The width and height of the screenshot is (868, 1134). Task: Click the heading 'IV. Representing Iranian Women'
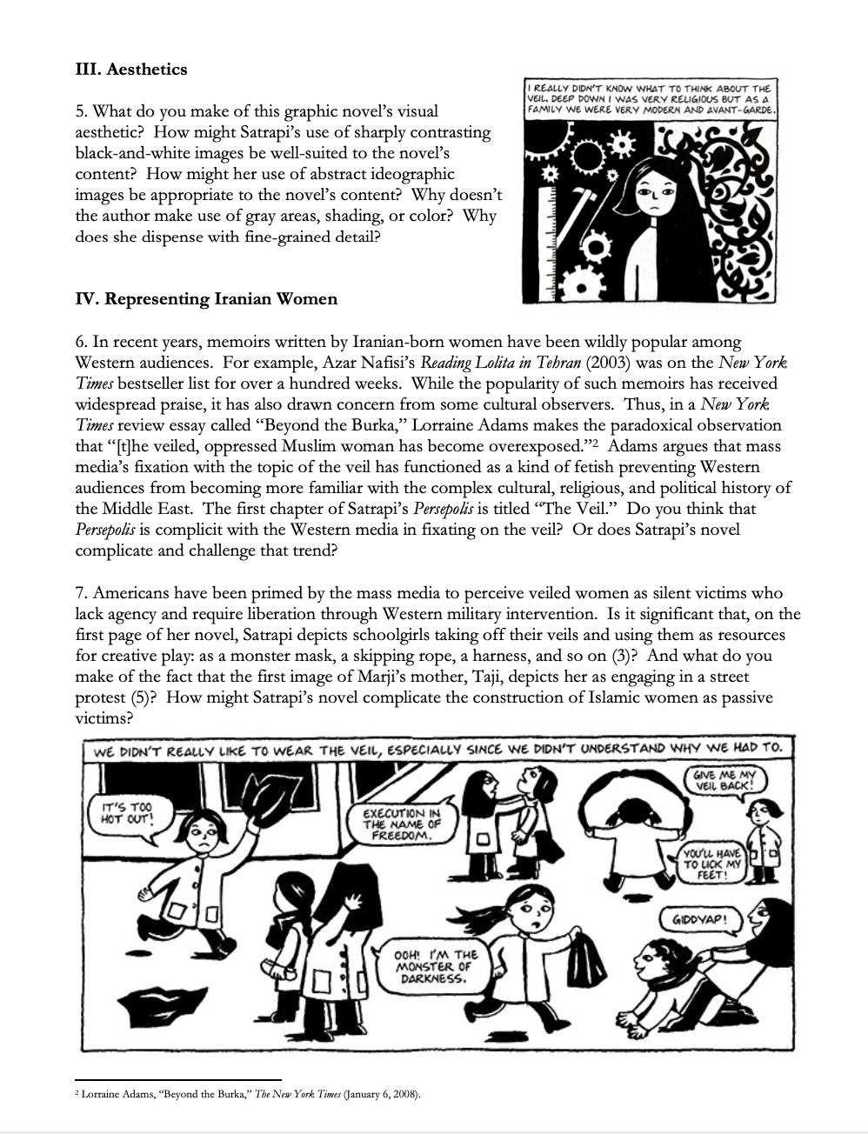point(206,299)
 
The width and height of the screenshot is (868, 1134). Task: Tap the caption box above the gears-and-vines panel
point(649,101)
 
